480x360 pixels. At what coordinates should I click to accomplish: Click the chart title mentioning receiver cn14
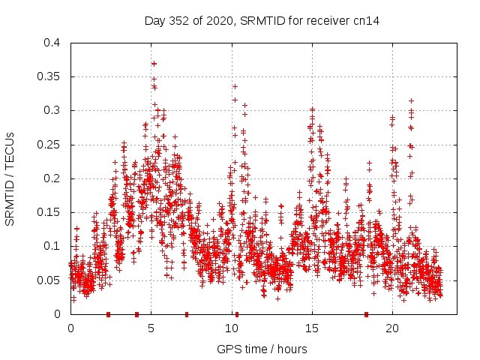coord(262,21)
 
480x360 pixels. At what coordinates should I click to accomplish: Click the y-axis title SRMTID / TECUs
coord(10,178)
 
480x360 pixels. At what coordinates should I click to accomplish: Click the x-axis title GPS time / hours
coord(261,349)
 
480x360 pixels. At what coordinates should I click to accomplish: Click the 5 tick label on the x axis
coord(151,328)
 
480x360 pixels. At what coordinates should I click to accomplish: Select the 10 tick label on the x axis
coord(232,328)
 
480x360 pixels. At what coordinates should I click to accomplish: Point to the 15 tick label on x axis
coord(312,328)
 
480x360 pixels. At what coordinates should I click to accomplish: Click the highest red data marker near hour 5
coord(154,64)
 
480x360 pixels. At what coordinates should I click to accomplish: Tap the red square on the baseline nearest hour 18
coord(367,314)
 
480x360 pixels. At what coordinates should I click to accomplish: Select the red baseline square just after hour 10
coord(237,314)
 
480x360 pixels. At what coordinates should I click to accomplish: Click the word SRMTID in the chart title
coord(253,21)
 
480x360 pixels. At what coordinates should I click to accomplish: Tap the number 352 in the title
coord(177,21)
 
